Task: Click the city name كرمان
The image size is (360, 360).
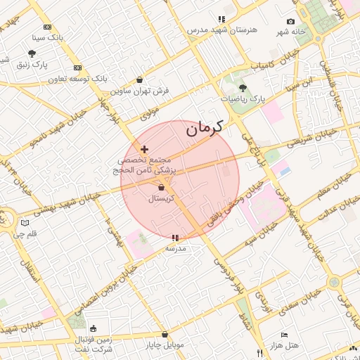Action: (x=204, y=129)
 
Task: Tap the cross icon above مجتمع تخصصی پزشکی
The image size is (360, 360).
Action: (x=145, y=149)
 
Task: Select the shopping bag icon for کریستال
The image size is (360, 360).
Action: (x=162, y=188)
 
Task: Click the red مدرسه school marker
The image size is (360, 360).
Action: (x=175, y=238)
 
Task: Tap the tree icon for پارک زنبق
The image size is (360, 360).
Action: (x=32, y=53)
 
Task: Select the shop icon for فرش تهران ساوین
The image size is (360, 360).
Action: (x=139, y=79)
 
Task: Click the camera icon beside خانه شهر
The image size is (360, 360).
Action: (x=291, y=22)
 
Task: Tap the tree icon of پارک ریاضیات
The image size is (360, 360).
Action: (x=243, y=88)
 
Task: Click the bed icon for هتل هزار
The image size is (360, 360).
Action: (x=284, y=335)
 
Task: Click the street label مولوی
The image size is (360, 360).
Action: (x=149, y=112)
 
